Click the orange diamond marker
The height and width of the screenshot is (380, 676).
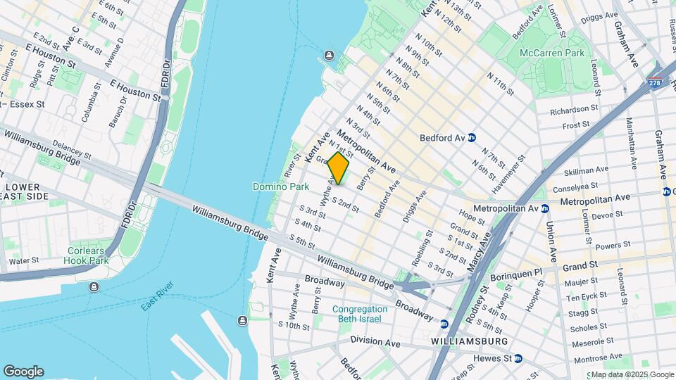point(338,168)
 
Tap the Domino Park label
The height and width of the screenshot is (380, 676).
point(281,187)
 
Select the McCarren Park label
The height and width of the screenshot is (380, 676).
point(552,53)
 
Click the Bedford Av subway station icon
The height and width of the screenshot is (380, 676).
point(472,138)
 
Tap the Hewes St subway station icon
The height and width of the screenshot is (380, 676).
point(518,358)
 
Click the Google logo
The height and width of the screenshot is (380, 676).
point(23,372)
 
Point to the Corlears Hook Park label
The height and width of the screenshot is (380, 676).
point(88,255)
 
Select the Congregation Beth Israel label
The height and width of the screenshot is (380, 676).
point(360,314)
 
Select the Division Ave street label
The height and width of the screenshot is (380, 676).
point(377,343)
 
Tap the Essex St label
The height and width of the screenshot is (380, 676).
point(27,104)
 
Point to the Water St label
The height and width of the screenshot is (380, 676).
point(23,261)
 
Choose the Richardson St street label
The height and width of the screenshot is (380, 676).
point(569,110)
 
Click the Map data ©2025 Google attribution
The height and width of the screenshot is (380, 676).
point(632,374)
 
